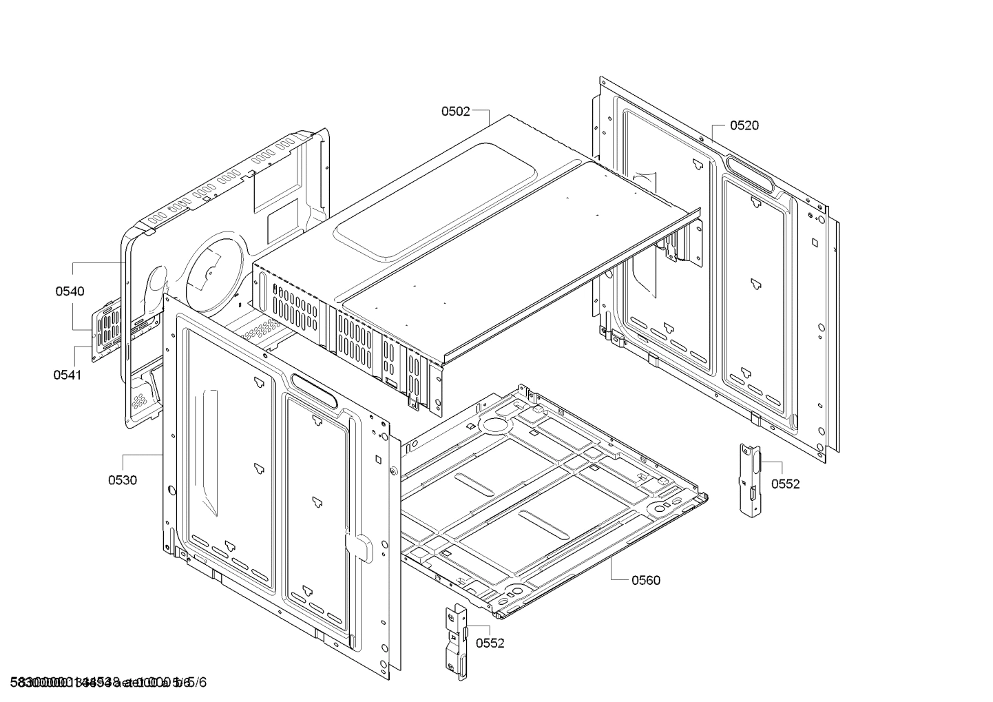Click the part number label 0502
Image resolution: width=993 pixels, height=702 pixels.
click(x=455, y=110)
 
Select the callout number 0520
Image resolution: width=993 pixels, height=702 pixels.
click(x=744, y=125)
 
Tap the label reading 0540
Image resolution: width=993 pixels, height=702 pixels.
click(x=70, y=291)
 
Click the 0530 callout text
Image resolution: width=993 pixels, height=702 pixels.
click(x=122, y=480)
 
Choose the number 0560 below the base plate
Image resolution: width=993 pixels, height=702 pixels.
click(x=645, y=580)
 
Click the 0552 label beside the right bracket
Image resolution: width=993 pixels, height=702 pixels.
click(x=785, y=484)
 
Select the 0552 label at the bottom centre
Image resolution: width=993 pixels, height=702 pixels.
click(x=490, y=643)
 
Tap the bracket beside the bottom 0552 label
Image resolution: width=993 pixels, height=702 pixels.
click(x=457, y=641)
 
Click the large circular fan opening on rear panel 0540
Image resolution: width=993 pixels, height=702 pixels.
click(x=212, y=269)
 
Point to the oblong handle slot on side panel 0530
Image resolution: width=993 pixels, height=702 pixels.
click(x=314, y=390)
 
